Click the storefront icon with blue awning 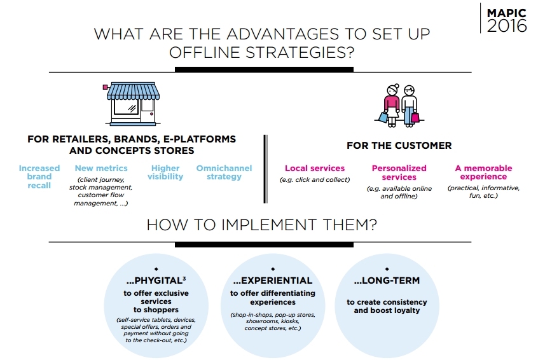(x=132, y=104)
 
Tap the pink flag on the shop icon (x=106, y=87)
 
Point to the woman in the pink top (x=392, y=106)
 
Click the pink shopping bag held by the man (x=415, y=118)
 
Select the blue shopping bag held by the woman (x=383, y=118)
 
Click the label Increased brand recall (x=39, y=177)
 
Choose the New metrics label (x=101, y=168)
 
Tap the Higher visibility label (x=165, y=172)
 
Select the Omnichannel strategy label (x=224, y=172)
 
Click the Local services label (x=315, y=168)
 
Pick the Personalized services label (x=399, y=172)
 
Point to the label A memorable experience (x=483, y=172)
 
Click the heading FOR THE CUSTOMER (x=399, y=146)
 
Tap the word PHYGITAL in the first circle (x=158, y=280)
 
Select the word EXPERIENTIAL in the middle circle (x=277, y=280)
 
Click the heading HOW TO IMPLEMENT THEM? (x=262, y=225)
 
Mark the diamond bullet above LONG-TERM (x=387, y=269)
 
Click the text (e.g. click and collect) (x=315, y=180)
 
